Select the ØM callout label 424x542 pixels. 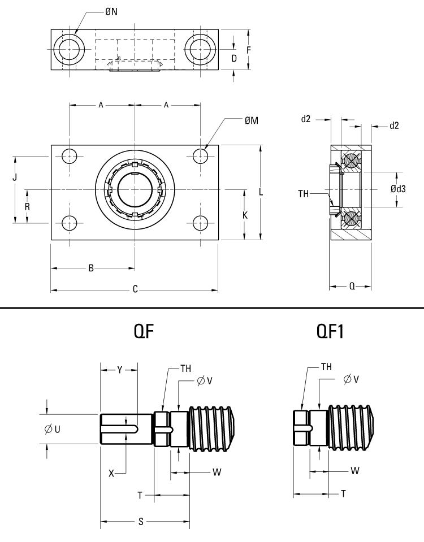252,121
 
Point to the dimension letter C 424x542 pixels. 135,290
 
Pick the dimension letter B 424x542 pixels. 91,268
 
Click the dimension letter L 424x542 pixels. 261,192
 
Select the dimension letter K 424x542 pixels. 245,215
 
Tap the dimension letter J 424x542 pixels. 15,177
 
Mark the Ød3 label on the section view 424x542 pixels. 398,189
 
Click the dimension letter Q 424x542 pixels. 352,287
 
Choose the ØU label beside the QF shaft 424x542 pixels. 53,430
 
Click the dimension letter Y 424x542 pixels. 119,370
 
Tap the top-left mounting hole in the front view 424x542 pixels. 70,155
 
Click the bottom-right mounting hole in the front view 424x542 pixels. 201,223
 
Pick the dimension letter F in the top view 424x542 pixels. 248,50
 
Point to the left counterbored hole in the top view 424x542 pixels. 70,50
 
